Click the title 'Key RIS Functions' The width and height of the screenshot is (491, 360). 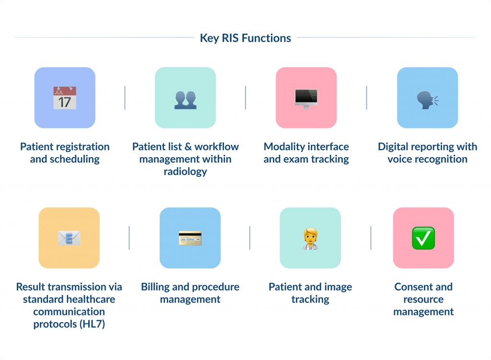tap(245, 38)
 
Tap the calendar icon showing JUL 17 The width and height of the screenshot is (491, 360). tap(65, 98)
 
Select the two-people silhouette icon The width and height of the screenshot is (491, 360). tap(186, 100)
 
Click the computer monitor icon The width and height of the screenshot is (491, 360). tap(306, 99)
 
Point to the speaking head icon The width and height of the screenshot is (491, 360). tap(427, 100)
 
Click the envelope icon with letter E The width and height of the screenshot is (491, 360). tap(69, 238)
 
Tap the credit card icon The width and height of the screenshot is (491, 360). tap(190, 238)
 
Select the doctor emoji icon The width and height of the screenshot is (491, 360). tap(310, 239)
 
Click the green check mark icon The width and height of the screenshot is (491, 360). tap(423, 238)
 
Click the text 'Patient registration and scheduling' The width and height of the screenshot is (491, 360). tap(65, 153)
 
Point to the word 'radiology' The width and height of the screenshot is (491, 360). tap(186, 172)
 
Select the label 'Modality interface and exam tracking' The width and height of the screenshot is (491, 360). tap(306, 153)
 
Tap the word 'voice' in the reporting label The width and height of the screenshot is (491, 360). tap(400, 159)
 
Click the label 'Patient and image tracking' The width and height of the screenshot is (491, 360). tap(310, 293)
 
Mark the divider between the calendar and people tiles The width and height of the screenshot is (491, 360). tap(125, 98)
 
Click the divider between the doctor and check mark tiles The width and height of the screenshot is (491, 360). tap(371, 238)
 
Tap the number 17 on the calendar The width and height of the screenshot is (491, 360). tap(65, 103)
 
